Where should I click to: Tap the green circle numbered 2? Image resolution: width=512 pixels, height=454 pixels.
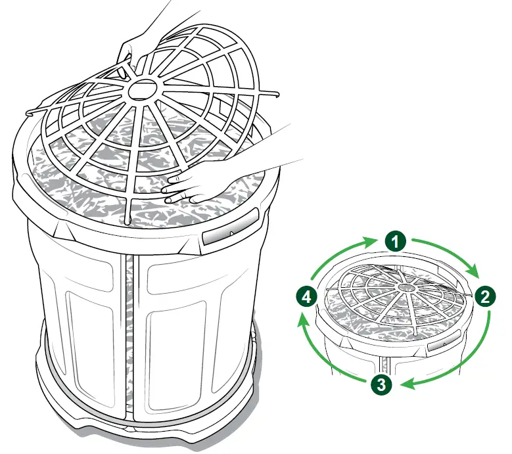click(484, 296)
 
